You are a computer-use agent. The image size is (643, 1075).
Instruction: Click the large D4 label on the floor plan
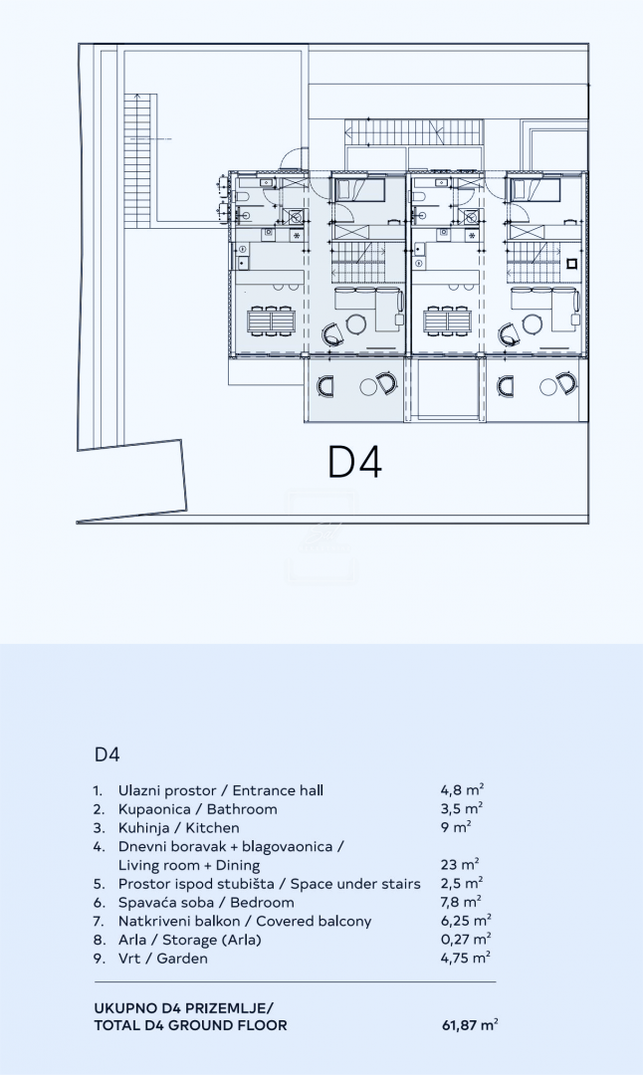click(x=355, y=461)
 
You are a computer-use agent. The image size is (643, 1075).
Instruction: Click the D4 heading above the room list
click(x=107, y=754)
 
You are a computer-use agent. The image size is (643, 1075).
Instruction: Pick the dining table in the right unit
click(x=447, y=321)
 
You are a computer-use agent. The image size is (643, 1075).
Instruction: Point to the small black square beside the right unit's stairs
click(x=572, y=265)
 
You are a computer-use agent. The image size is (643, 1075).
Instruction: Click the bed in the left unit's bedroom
click(x=357, y=189)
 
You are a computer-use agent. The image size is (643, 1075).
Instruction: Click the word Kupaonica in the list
click(x=155, y=809)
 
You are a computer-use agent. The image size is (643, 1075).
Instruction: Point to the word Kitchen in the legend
click(x=213, y=828)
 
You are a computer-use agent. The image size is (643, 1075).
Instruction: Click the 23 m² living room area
click(x=459, y=866)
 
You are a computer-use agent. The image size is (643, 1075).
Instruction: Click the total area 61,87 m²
click(x=470, y=1025)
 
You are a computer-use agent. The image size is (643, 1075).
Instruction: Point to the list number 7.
click(x=98, y=922)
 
